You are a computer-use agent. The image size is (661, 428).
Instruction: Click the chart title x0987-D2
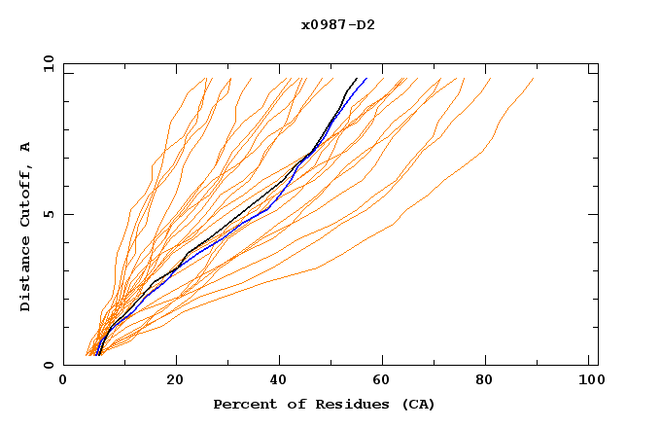pos(337,24)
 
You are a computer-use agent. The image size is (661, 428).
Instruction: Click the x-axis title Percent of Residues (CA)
pos(324,404)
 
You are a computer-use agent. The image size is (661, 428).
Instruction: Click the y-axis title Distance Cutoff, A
pos(25,226)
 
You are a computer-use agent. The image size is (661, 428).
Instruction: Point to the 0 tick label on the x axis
pos(63,382)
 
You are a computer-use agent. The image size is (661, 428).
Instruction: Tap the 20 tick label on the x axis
pos(175,382)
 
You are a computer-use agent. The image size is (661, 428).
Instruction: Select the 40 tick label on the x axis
pos(280,382)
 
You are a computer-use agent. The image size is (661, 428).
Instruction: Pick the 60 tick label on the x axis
pos(386,382)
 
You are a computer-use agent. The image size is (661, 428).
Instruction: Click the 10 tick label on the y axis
pos(47,63)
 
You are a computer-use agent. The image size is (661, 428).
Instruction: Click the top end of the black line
pos(357,78)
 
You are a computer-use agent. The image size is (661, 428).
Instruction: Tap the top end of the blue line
pos(366,78)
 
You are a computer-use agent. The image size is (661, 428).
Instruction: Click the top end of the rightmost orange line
pos(534,78)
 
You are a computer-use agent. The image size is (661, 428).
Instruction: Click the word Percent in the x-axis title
pos(242,404)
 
